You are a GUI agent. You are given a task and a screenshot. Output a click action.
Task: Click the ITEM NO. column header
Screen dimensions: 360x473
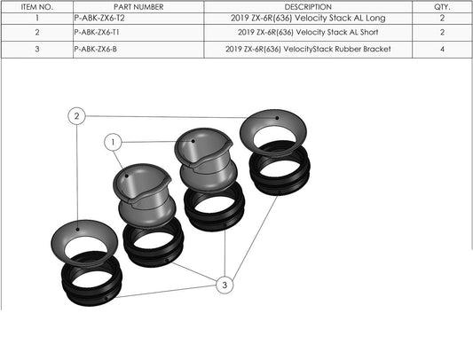click(x=37, y=6)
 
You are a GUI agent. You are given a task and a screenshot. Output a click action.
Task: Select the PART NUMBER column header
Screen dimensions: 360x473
click(x=139, y=6)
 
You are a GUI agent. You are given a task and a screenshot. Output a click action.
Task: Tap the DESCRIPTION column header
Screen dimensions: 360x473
click(x=308, y=6)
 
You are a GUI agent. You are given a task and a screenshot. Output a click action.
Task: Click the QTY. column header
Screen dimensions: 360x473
click(x=442, y=6)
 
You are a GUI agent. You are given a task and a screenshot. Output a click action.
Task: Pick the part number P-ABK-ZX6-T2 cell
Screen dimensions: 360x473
click(x=99, y=18)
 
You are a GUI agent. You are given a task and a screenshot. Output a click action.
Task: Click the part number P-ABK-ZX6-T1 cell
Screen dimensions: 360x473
click(x=99, y=33)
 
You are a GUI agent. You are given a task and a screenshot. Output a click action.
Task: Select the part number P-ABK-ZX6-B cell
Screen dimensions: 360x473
click(x=97, y=50)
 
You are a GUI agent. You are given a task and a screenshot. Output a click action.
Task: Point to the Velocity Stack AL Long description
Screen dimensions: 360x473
click(x=308, y=18)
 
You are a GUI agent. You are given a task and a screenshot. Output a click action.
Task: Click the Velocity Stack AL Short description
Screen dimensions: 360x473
click(x=308, y=33)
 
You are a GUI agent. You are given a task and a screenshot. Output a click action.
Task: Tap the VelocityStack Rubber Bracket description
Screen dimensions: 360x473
click(x=308, y=50)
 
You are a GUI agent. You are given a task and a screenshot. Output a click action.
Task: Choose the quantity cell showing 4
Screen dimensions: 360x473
click(x=442, y=50)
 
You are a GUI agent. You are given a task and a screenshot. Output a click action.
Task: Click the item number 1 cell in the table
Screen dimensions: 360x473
click(x=37, y=18)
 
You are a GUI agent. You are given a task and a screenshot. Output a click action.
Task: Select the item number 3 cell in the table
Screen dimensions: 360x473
click(x=37, y=50)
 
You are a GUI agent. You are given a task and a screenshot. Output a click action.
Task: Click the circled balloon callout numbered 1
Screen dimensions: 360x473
click(x=113, y=142)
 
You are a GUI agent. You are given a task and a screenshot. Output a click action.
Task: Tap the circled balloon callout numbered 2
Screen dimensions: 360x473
click(x=78, y=116)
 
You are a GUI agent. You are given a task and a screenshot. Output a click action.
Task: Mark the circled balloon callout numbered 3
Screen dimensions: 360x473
click(x=225, y=286)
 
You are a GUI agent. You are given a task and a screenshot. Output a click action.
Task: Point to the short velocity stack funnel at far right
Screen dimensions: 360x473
click(x=278, y=133)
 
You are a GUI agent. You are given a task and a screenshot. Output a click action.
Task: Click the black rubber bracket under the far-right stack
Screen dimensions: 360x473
click(x=279, y=173)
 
